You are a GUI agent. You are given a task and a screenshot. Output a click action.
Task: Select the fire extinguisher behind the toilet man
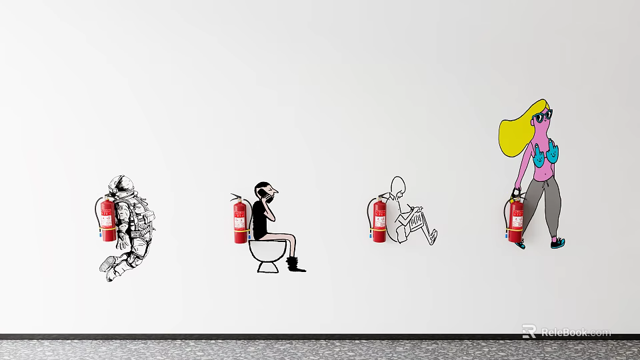point(240,220)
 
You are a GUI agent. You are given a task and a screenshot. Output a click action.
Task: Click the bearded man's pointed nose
point(275,194)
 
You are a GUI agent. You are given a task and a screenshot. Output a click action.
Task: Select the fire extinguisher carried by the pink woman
point(516,220)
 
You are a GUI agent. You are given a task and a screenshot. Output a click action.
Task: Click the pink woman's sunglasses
point(542,118)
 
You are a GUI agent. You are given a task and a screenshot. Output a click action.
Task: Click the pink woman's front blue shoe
point(559,243)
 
